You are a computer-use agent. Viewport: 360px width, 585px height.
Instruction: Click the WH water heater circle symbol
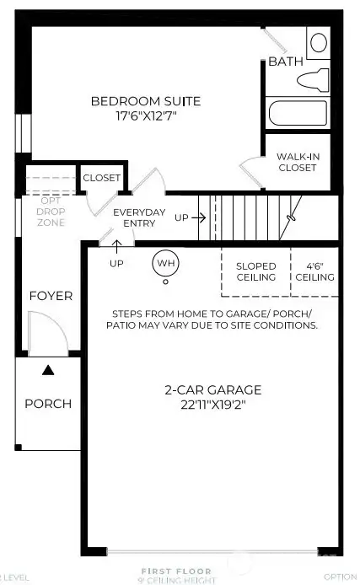tap(165, 263)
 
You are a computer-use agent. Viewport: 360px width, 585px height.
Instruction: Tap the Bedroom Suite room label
tap(146, 102)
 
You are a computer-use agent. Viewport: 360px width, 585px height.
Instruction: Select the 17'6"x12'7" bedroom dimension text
tap(146, 117)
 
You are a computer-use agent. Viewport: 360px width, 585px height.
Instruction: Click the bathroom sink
tap(319, 42)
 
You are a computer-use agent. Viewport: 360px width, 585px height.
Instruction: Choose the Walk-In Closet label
tap(297, 162)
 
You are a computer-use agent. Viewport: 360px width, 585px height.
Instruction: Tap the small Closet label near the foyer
tap(102, 178)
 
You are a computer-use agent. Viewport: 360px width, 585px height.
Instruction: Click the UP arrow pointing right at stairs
tap(191, 217)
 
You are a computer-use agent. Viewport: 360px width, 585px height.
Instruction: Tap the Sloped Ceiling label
tap(255, 271)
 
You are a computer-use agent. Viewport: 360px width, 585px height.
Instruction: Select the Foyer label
tap(51, 296)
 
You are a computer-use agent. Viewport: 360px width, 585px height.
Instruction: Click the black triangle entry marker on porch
tap(49, 369)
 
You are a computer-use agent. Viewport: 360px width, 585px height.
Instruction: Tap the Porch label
tap(47, 403)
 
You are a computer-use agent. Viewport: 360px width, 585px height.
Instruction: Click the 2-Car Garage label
tap(212, 390)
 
